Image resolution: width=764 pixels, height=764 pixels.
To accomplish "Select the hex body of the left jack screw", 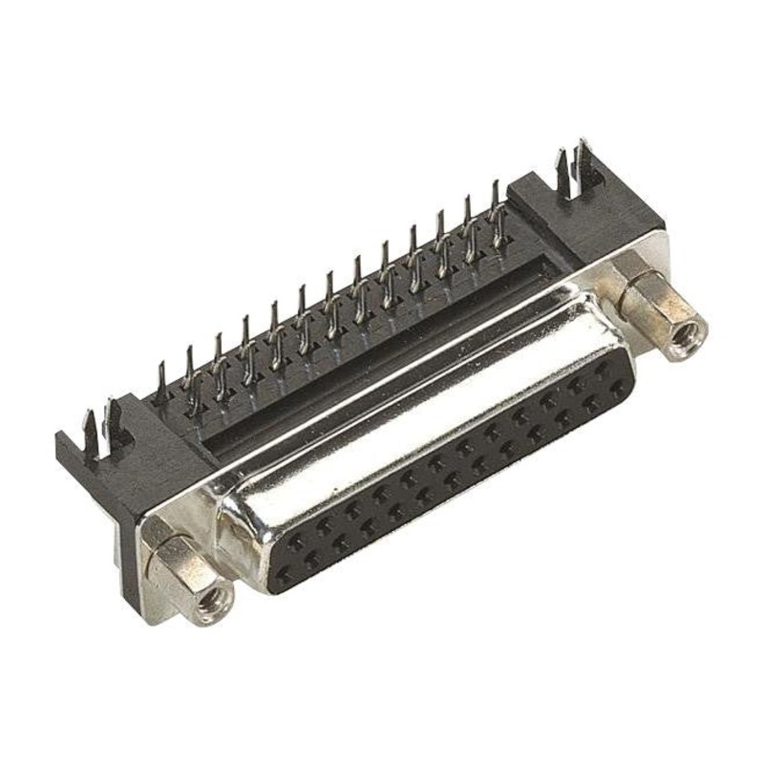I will [x=181, y=563].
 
